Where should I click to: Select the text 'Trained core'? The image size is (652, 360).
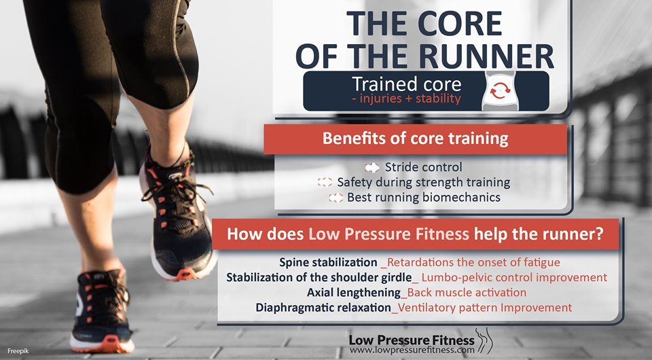pos(405,84)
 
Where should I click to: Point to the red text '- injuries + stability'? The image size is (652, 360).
pos(406,99)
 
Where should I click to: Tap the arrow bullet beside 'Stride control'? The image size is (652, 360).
pos(372,167)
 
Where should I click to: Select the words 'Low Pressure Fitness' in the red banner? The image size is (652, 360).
pos(388,234)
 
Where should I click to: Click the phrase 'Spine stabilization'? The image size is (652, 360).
pos(328,262)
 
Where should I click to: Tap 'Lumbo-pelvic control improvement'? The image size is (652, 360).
pos(514,277)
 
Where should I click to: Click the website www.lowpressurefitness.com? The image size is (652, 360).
pos(412,350)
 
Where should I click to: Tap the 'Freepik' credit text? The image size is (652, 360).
pos(17,350)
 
